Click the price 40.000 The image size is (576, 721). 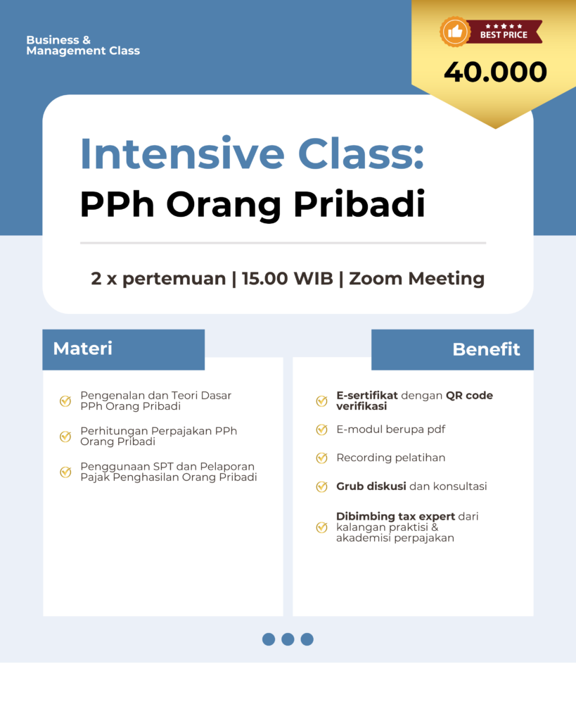pyautogui.click(x=495, y=73)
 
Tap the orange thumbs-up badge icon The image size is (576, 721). pyautogui.click(x=455, y=32)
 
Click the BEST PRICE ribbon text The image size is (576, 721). pyautogui.click(x=504, y=35)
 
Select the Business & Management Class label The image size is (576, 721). pyautogui.click(x=83, y=45)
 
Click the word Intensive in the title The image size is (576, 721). pyautogui.click(x=182, y=153)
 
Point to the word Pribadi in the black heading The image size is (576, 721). pyautogui.click(x=359, y=203)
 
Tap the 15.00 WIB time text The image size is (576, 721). pyautogui.click(x=288, y=278)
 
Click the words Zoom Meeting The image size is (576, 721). pyautogui.click(x=416, y=279)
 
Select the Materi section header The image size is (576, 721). pyautogui.click(x=83, y=349)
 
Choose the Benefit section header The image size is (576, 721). pyautogui.click(x=487, y=349)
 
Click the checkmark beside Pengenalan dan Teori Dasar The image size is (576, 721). pyautogui.click(x=65, y=401)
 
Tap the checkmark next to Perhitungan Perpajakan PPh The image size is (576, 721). pyautogui.click(x=65, y=436)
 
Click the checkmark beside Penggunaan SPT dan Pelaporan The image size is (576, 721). pyautogui.click(x=65, y=472)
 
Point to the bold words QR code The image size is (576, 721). pyautogui.click(x=469, y=396)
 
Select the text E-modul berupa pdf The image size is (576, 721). pyautogui.click(x=390, y=430)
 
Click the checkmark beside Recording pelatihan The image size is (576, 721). pyautogui.click(x=321, y=458)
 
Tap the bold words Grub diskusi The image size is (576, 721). pyautogui.click(x=371, y=486)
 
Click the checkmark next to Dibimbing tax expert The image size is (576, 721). pyautogui.click(x=321, y=527)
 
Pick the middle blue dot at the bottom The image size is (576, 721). pyautogui.click(x=288, y=639)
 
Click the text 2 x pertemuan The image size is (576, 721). pyautogui.click(x=158, y=279)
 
